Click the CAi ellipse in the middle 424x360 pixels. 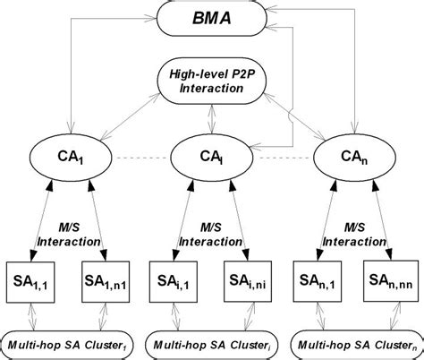point(211,160)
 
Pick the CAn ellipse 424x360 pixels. point(351,160)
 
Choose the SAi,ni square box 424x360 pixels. point(248,284)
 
